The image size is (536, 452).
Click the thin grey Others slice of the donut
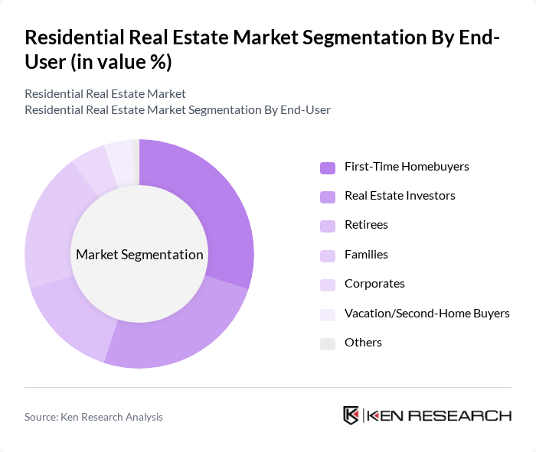coord(136,161)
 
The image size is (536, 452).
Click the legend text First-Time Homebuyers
coord(407,167)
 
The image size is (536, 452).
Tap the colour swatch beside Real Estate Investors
coord(328,197)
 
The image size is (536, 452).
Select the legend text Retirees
coord(366,225)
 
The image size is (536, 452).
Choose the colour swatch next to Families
coord(328,255)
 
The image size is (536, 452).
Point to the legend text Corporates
coord(374,284)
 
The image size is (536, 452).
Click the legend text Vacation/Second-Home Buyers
coord(427,313)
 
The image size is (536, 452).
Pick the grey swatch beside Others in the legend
coord(328,343)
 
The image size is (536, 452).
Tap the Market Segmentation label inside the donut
coord(139,255)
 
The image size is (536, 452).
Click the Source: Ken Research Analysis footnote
coord(93,417)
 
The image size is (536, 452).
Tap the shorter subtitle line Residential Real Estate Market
coord(105,94)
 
